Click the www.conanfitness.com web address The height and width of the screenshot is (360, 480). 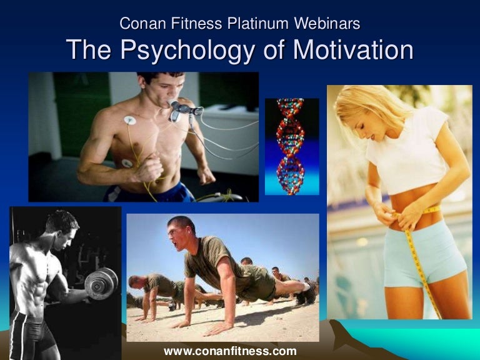(230, 351)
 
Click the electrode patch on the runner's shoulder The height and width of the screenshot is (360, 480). (130, 120)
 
